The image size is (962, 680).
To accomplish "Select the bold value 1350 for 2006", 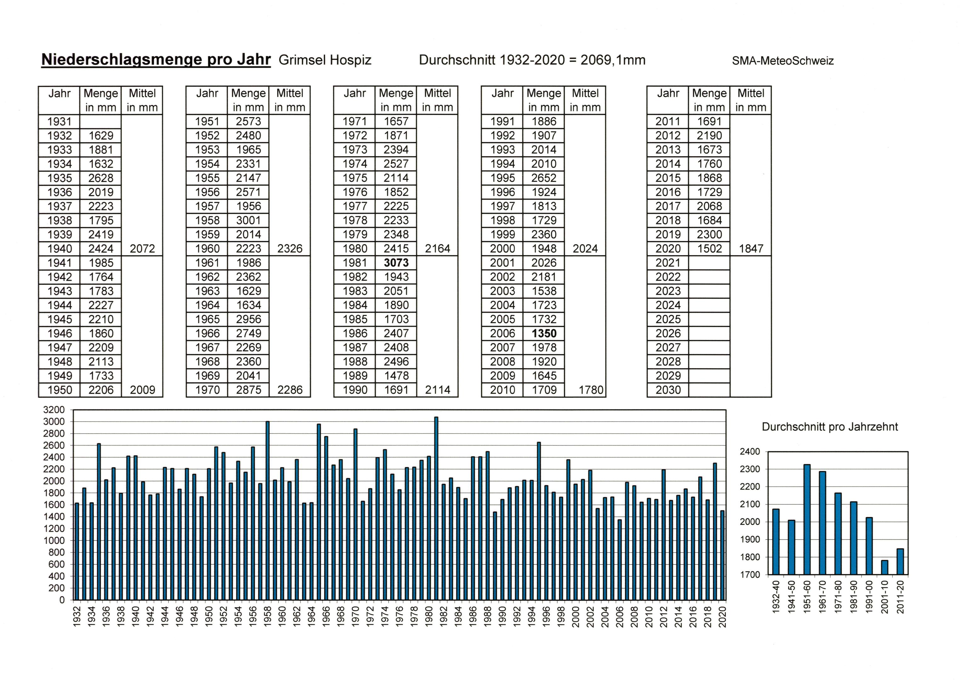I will click(x=544, y=333).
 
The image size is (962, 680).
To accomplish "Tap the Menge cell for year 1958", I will click(x=248, y=220).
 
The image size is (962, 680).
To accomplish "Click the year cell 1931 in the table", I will click(x=60, y=122).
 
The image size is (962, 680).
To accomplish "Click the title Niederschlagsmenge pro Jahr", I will click(x=156, y=59).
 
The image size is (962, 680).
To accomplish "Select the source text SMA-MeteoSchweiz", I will click(x=783, y=61).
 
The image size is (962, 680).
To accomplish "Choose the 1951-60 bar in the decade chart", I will click(x=806, y=519).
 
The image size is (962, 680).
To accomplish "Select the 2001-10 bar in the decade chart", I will click(x=885, y=567).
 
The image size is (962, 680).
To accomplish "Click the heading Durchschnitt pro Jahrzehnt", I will click(x=830, y=427).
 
